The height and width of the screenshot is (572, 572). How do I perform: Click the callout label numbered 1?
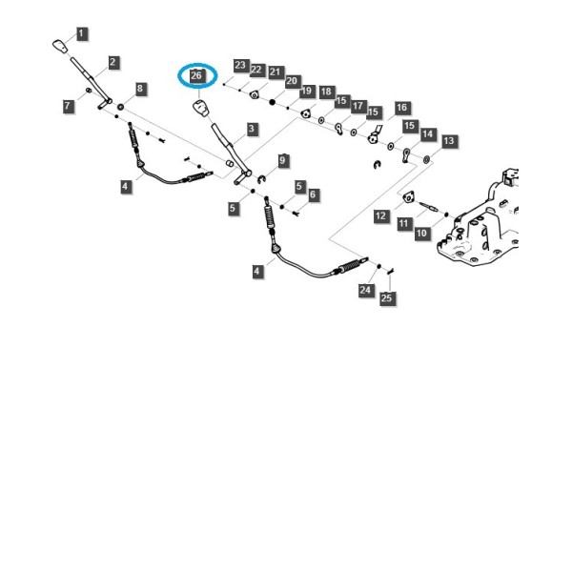pos(81,34)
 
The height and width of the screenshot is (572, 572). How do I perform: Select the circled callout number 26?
pos(196,75)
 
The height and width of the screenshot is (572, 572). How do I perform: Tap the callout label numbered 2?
pos(112,62)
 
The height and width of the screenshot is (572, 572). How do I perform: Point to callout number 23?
pos(240,65)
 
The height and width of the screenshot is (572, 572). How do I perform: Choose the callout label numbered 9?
pos(282,160)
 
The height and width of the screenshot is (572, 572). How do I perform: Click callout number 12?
pos(380,216)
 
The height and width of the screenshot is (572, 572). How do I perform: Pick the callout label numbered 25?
pos(387,298)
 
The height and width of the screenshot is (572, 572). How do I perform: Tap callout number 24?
pos(365,290)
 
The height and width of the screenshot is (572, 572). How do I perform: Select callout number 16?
pos(401,108)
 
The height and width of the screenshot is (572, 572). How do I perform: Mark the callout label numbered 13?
pos(449,141)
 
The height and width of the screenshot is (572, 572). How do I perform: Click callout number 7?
pos(68,106)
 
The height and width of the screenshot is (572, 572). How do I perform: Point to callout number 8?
pos(140,89)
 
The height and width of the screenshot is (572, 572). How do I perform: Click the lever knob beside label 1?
pos(60,47)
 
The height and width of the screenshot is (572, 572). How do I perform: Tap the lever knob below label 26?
pos(201,108)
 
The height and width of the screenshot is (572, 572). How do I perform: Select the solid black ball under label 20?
pos(272,102)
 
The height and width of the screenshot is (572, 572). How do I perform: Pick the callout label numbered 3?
pos(252,129)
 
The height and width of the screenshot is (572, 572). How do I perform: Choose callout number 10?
pos(421,233)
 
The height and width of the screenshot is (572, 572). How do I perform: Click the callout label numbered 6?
pos(313,194)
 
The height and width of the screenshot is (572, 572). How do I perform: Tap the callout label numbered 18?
pos(326,92)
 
